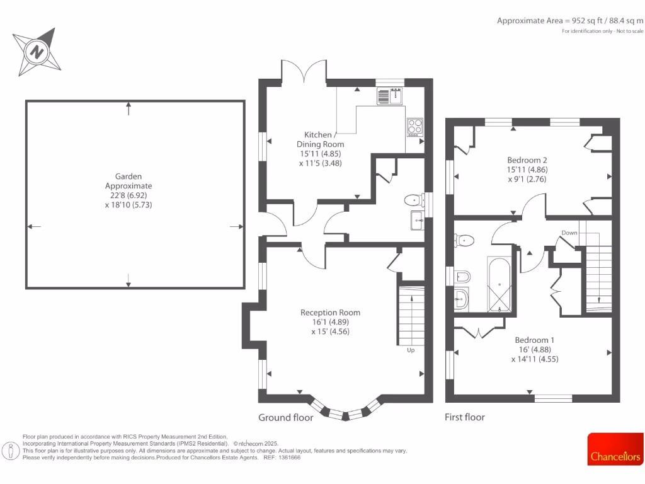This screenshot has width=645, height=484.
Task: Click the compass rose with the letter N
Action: tap(37, 50)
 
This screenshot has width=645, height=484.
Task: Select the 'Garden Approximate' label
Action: tap(128, 181)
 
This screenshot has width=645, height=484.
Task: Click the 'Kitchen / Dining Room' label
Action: tap(324, 140)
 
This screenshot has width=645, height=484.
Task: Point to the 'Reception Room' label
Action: tap(330, 313)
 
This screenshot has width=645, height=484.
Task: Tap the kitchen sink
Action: tap(390, 96)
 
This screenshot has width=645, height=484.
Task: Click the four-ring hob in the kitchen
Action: tap(415, 126)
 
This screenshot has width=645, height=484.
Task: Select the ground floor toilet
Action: tap(413, 201)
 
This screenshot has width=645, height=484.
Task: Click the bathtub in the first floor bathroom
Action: tap(501, 285)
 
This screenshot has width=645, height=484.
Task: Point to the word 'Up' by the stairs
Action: tap(411, 350)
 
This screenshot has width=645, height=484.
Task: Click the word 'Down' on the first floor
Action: tap(569, 233)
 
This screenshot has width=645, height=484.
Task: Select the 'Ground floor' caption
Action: tap(285, 417)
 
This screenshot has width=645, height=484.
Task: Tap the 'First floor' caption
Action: tap(465, 417)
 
